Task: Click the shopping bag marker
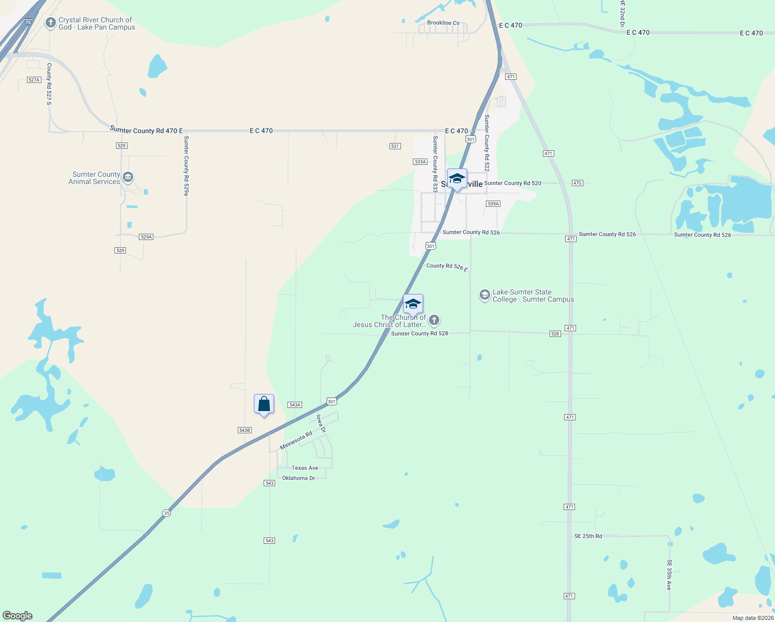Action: pyautogui.click(x=264, y=404)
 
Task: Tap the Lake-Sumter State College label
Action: pyautogui.click(x=533, y=296)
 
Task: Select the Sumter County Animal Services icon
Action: pyautogui.click(x=127, y=178)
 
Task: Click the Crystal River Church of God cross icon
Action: pyautogui.click(x=50, y=22)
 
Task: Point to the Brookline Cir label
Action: pyautogui.click(x=443, y=23)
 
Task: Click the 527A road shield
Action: pyautogui.click(x=34, y=80)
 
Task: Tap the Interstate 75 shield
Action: pyautogui.click(x=28, y=22)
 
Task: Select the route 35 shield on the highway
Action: pyautogui.click(x=166, y=513)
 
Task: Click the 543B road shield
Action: pyautogui.click(x=245, y=430)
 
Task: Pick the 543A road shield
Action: pyautogui.click(x=295, y=405)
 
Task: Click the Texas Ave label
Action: pyautogui.click(x=305, y=468)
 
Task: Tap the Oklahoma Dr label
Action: pyautogui.click(x=298, y=478)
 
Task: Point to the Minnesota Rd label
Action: pyautogui.click(x=296, y=441)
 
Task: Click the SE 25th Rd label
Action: pyautogui.click(x=588, y=536)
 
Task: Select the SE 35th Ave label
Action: pyautogui.click(x=669, y=574)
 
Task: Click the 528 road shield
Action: pyautogui.click(x=555, y=334)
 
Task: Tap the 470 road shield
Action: pyautogui.click(x=578, y=183)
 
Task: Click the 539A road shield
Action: pyautogui.click(x=493, y=204)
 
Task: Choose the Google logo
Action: pyautogui.click(x=18, y=616)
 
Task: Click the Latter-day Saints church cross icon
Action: pyautogui.click(x=434, y=320)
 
